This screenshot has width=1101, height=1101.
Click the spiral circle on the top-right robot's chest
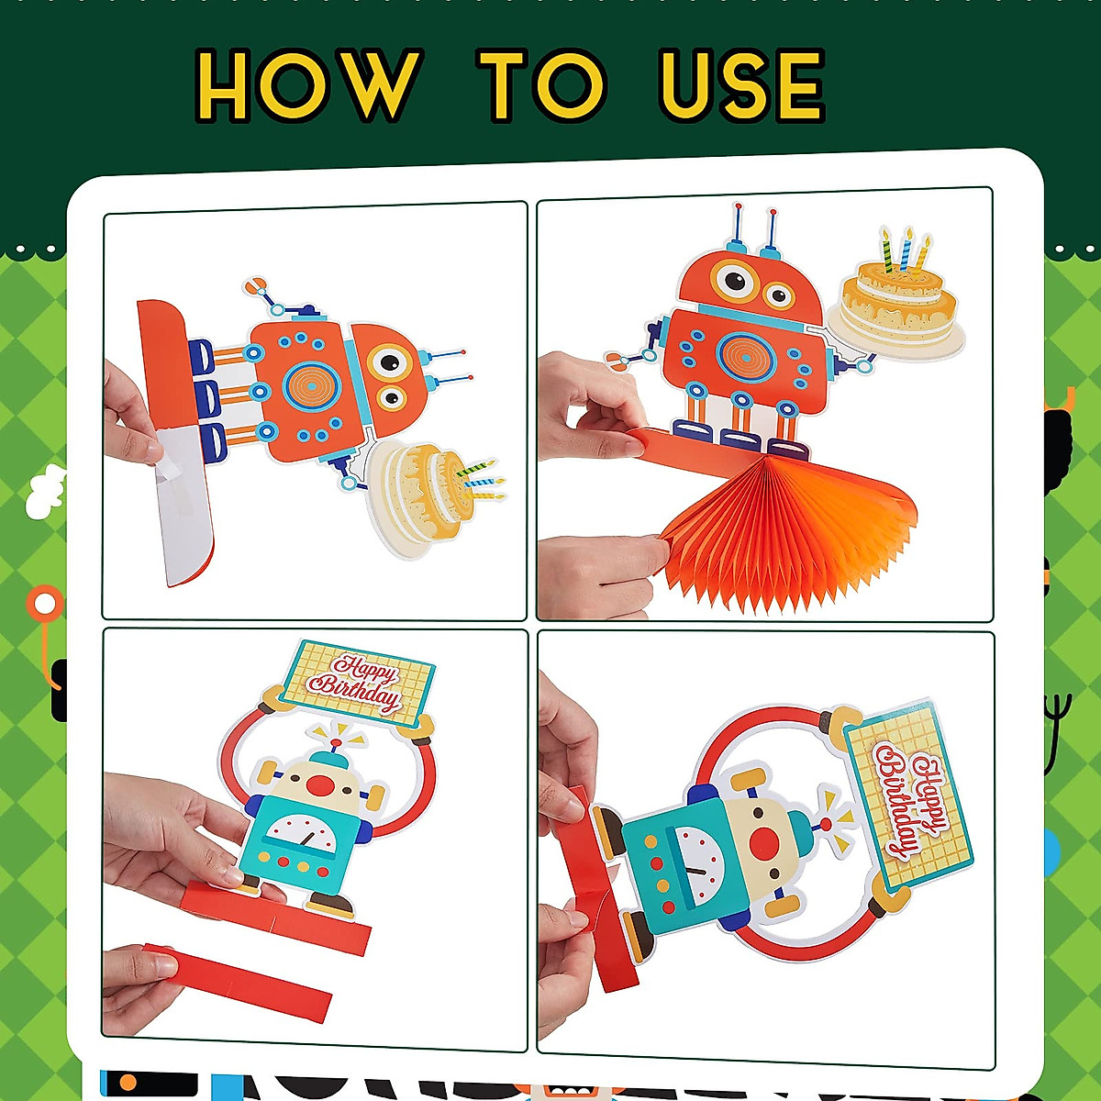(745, 357)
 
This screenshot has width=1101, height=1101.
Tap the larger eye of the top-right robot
(736, 281)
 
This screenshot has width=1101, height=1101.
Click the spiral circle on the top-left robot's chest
(312, 385)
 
